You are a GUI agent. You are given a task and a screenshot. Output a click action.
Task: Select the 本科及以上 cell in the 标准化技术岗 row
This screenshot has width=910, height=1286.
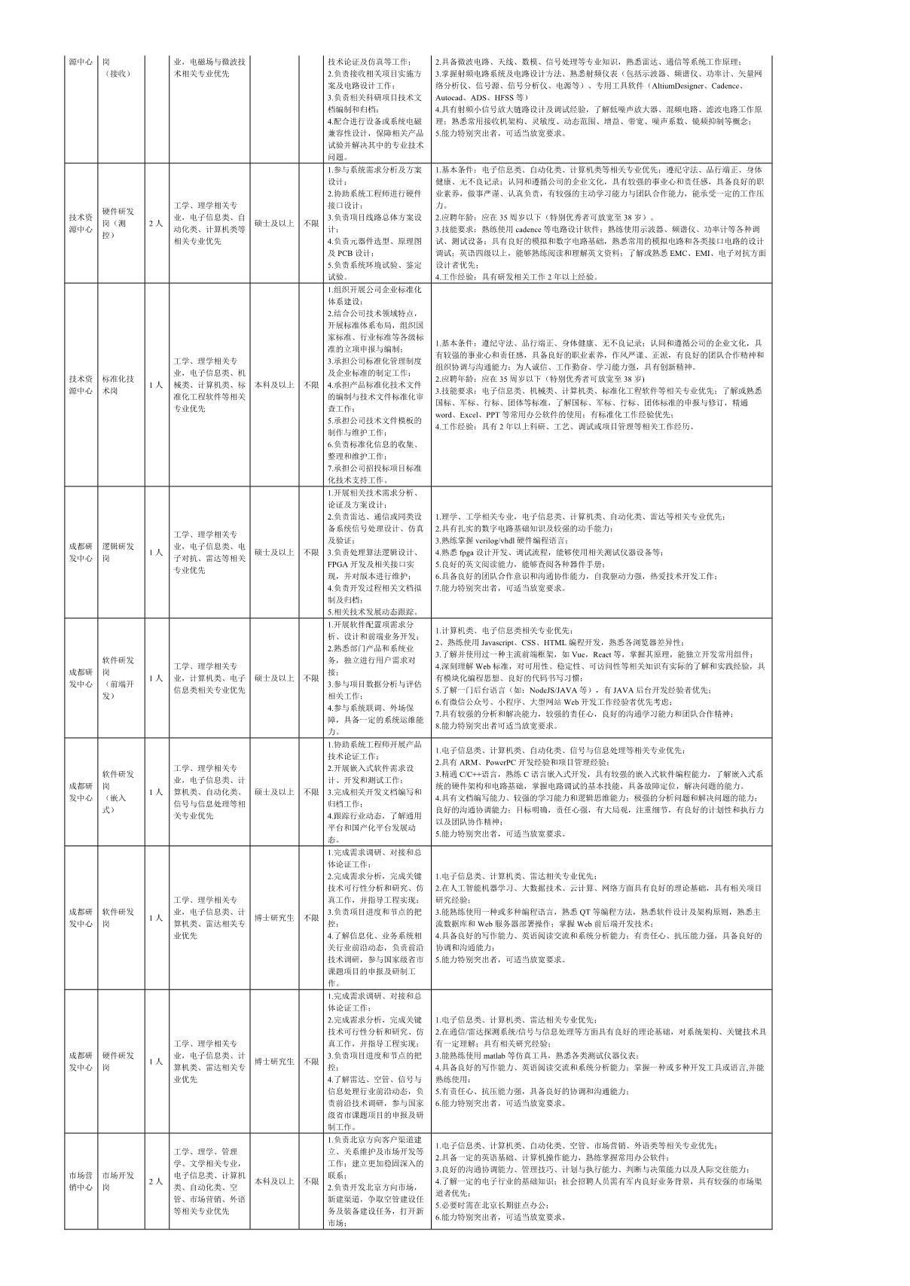(x=274, y=385)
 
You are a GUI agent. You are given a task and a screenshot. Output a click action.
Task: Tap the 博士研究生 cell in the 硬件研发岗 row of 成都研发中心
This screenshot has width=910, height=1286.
(x=274, y=1062)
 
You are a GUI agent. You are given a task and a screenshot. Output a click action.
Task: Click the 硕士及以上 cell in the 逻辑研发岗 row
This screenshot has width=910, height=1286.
(x=274, y=552)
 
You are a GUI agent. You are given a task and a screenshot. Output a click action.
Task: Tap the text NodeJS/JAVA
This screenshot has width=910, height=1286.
(x=557, y=690)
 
